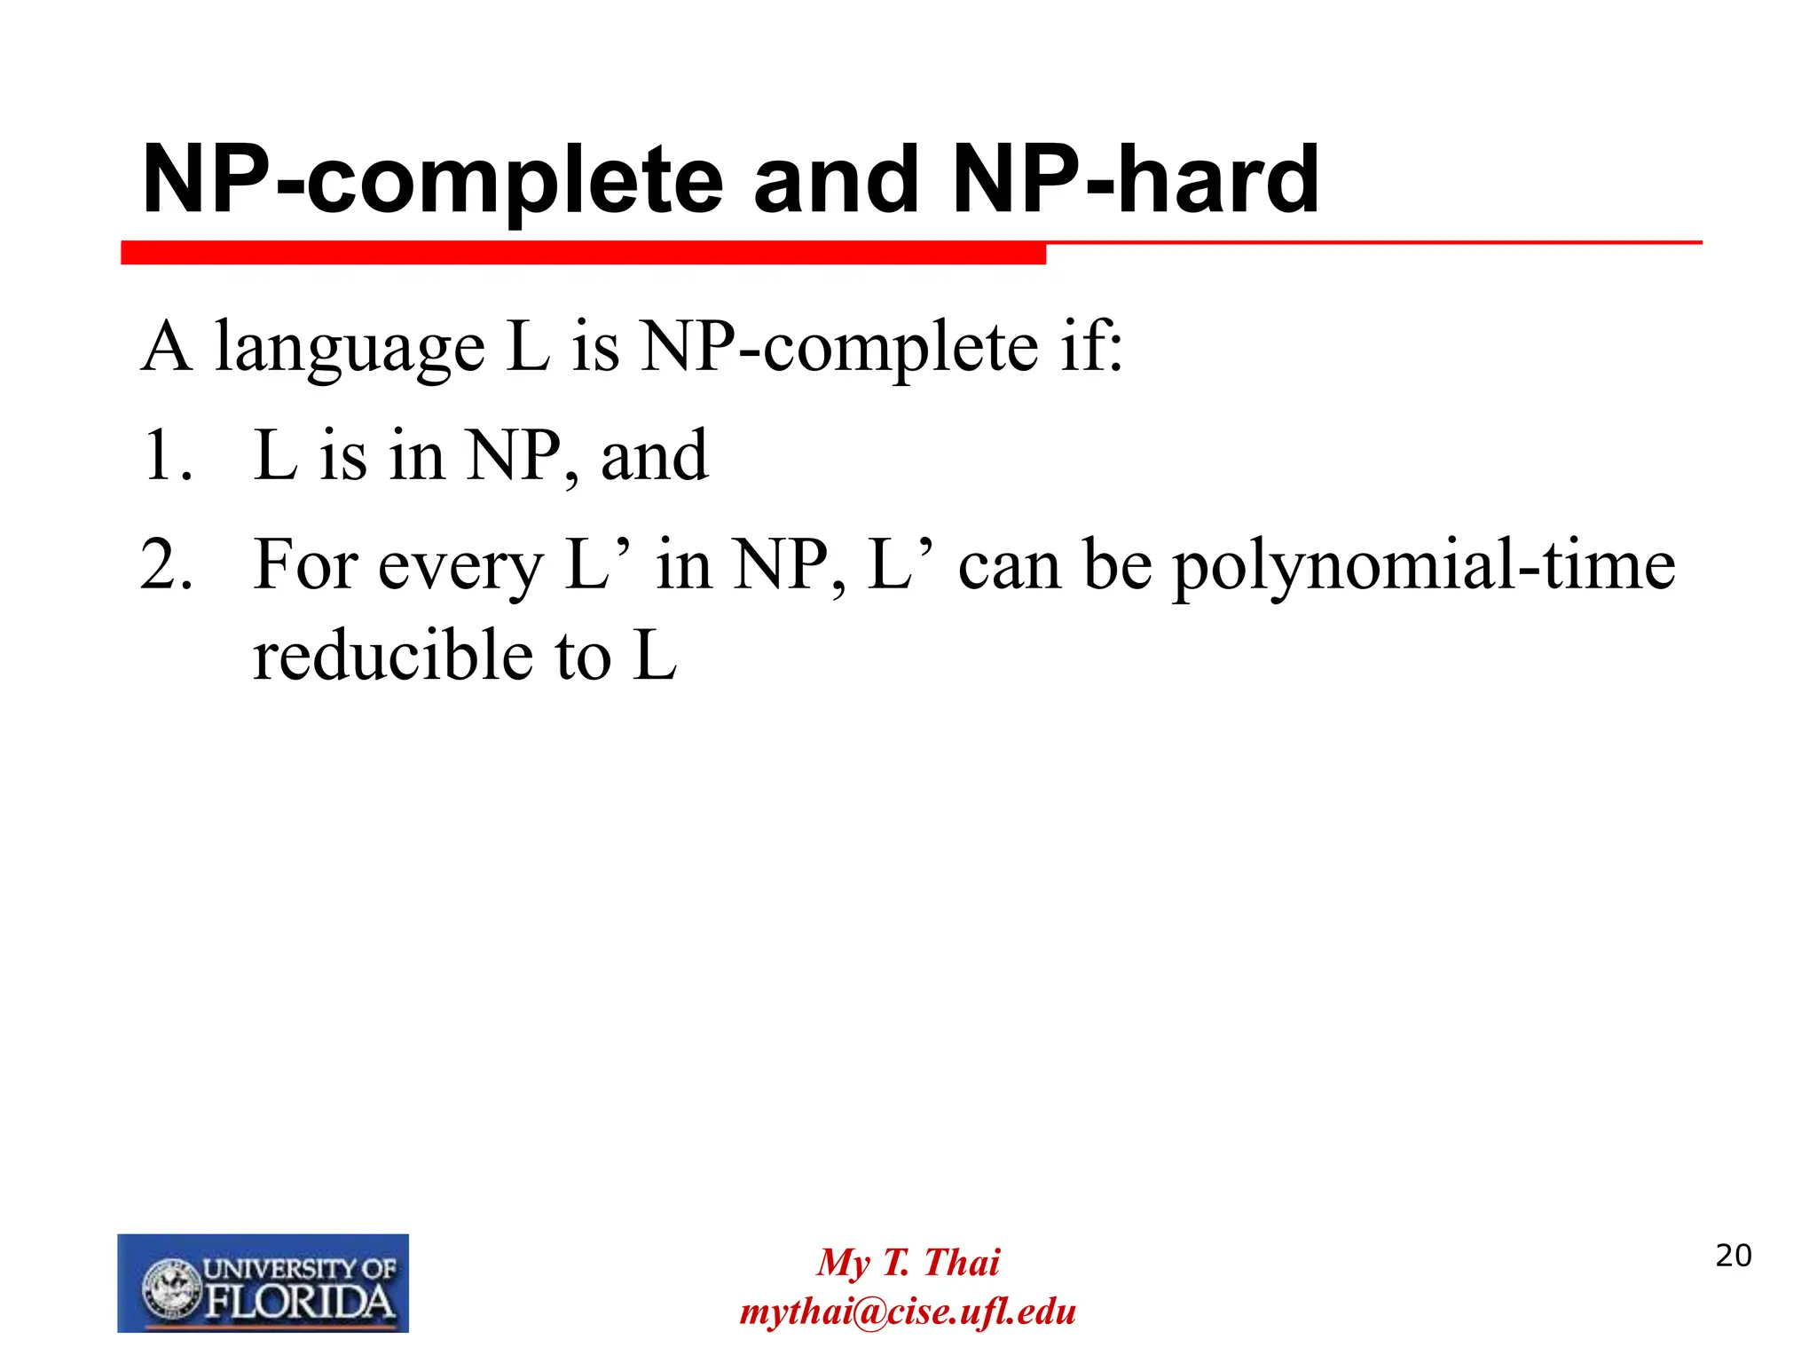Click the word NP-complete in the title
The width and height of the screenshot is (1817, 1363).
pyautogui.click(x=433, y=182)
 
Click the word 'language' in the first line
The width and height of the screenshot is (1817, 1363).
pyautogui.click(x=350, y=348)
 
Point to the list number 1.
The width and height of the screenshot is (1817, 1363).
pyautogui.click(x=166, y=457)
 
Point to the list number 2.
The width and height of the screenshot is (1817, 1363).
pyautogui.click(x=166, y=565)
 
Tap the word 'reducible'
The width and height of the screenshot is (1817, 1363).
pyautogui.click(x=393, y=657)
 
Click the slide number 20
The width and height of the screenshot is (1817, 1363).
pyautogui.click(x=1733, y=1256)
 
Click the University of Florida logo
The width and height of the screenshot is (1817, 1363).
pyautogui.click(x=263, y=1282)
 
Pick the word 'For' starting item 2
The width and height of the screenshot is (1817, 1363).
pyautogui.click(x=305, y=565)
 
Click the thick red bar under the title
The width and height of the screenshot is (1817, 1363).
pyautogui.click(x=583, y=253)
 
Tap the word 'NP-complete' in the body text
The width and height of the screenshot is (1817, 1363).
pyautogui.click(x=839, y=348)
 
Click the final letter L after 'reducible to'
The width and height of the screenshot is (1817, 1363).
pyautogui.click(x=655, y=657)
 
